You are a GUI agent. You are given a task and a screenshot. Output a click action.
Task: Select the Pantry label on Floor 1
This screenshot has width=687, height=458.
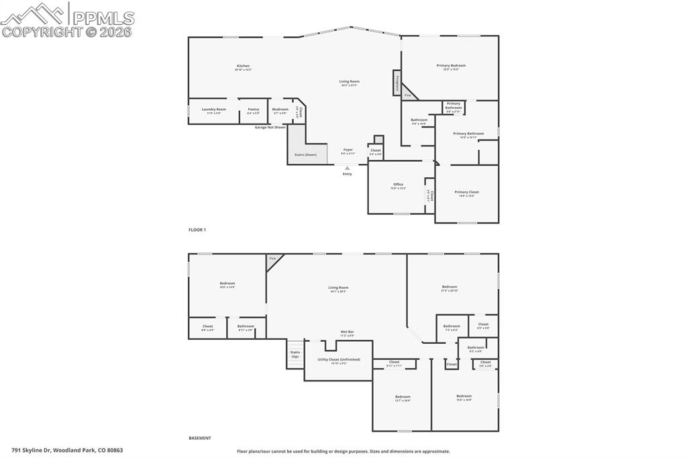point(253,110)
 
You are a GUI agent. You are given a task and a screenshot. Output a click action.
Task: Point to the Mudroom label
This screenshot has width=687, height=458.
point(280,110)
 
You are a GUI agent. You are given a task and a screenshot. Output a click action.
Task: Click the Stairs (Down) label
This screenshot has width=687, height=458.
point(305,154)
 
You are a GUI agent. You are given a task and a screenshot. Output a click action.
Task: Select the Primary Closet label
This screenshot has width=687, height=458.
point(467,193)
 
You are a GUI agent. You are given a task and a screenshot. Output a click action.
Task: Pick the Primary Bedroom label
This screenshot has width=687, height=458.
point(451,66)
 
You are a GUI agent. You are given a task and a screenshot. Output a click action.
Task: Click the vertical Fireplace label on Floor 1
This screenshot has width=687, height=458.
point(397,83)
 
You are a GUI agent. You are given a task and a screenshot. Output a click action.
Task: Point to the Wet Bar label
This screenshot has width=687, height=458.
point(347,332)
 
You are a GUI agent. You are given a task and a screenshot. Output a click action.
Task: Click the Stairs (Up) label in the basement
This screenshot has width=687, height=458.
point(295,354)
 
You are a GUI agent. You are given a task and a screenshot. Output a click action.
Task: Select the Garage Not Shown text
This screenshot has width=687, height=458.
point(270,127)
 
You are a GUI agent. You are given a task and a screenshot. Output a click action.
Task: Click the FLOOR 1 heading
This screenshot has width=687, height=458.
point(197,230)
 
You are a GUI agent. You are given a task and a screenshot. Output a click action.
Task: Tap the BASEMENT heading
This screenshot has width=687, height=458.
point(200,438)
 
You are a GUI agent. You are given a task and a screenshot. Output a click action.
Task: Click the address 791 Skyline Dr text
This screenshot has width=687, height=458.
point(67,450)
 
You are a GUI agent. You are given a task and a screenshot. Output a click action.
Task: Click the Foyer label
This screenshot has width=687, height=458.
point(348,150)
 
